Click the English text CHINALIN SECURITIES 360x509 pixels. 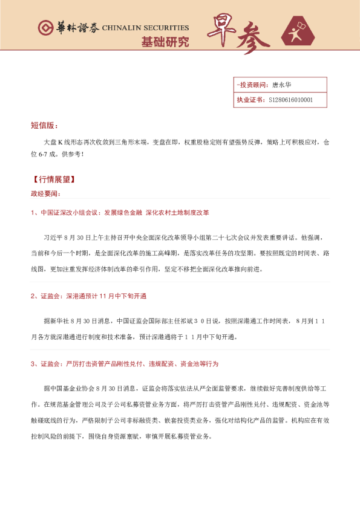(145, 28)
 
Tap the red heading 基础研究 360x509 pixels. (165, 42)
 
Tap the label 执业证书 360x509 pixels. (249, 100)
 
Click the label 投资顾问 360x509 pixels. (251, 85)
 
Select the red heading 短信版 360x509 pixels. (44, 126)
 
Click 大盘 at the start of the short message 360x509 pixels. (50, 143)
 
